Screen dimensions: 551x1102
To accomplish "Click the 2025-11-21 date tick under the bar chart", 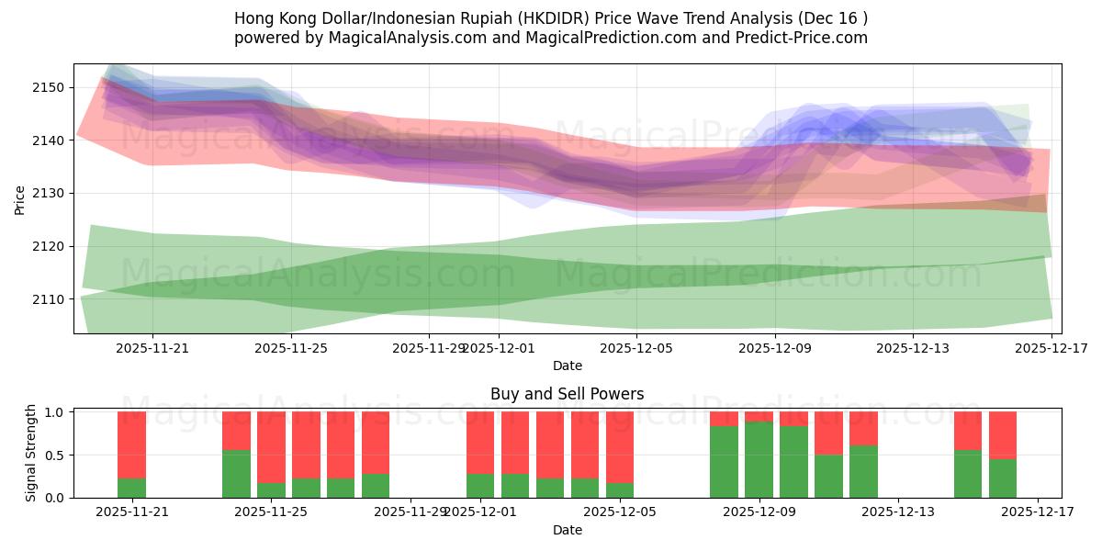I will click(131, 512).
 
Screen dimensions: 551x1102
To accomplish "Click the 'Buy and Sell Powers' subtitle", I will click(567, 394).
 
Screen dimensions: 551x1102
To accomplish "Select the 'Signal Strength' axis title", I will click(31, 453).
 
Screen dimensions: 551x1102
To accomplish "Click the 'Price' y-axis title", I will click(20, 199).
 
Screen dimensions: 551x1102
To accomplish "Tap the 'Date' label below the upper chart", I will click(567, 365).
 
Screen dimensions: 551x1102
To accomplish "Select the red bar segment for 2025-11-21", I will click(131, 445).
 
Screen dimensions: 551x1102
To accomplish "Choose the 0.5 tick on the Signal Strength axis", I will click(52, 455).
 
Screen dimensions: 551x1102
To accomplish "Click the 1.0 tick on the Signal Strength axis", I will click(52, 412).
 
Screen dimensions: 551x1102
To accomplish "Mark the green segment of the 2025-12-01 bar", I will click(480, 486).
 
